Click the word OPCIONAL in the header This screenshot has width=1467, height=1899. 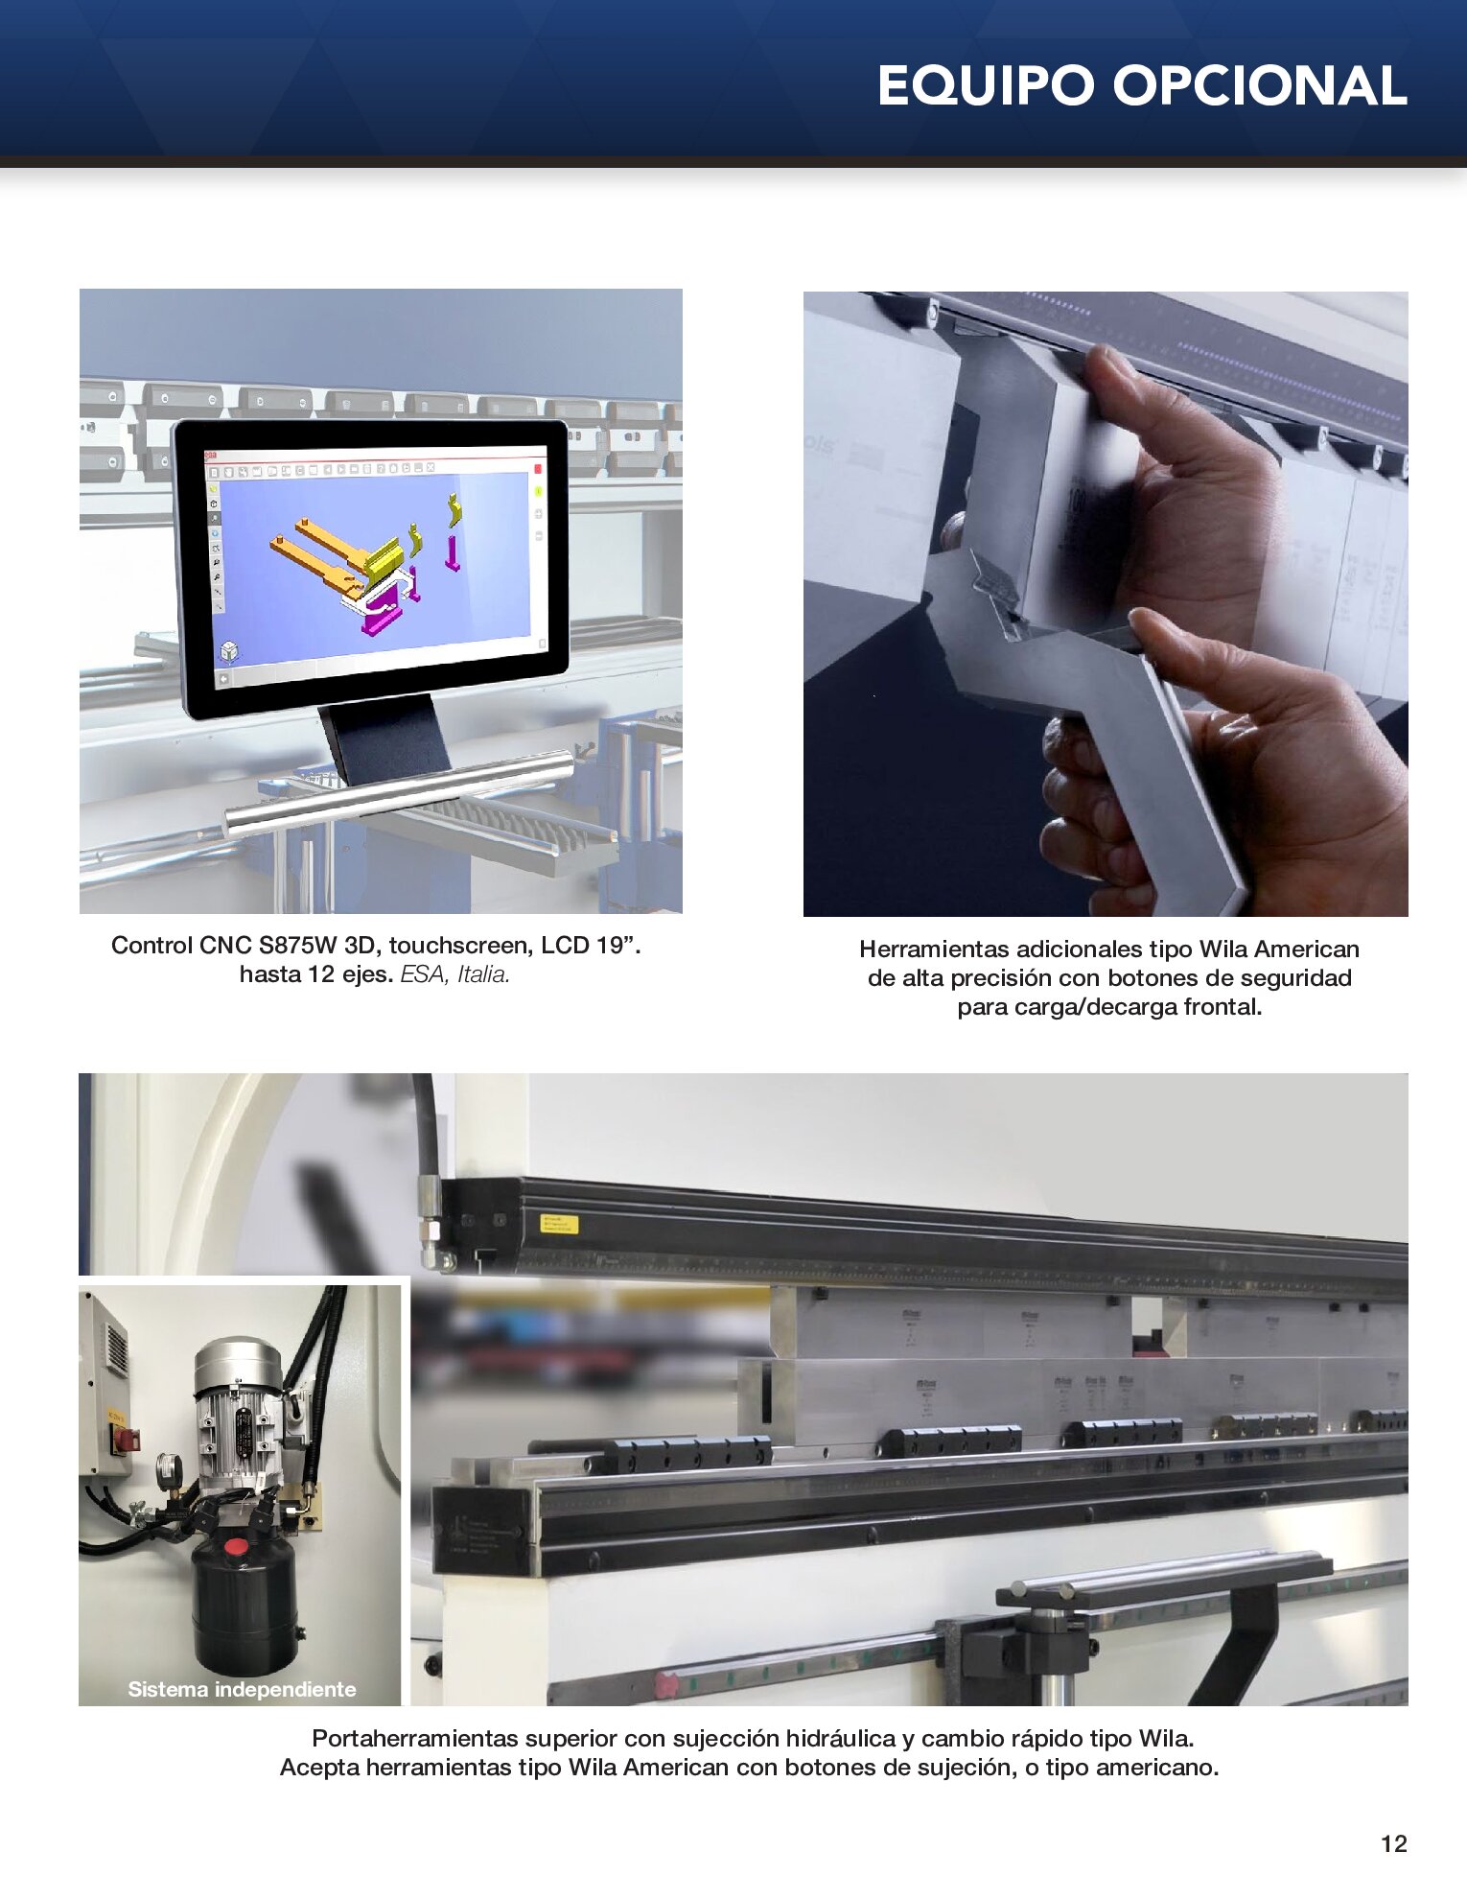coord(1260,85)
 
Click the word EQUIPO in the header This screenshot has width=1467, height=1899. coord(986,85)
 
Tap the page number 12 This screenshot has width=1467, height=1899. coord(1393,1843)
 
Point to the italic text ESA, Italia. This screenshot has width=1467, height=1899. coord(454,974)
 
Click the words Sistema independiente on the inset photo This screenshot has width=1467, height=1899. coord(242,1689)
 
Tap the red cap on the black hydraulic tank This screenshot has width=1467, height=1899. coord(235,1547)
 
